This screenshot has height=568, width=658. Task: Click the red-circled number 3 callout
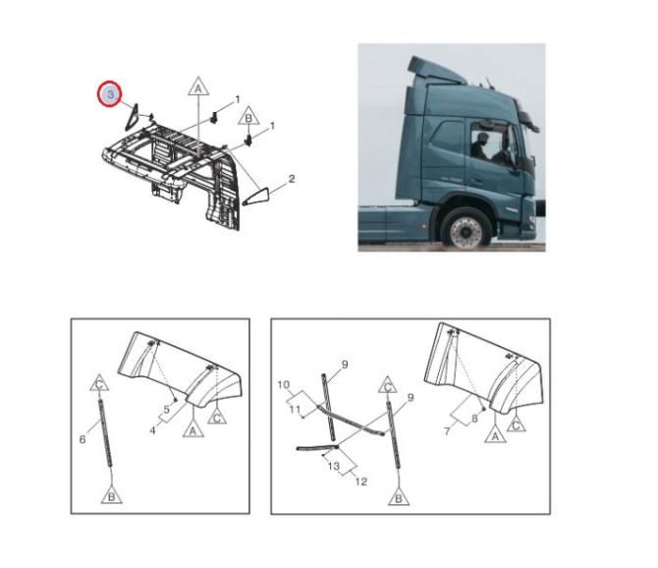pyautogui.click(x=110, y=94)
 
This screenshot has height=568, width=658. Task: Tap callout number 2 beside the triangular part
pyautogui.click(x=292, y=179)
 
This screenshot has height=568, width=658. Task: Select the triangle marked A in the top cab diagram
pyautogui.click(x=198, y=86)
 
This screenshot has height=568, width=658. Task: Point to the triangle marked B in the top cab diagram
pyautogui.click(x=248, y=116)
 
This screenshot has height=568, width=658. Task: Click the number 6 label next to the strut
pyautogui.click(x=82, y=439)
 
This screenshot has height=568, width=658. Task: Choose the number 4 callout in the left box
pyautogui.click(x=153, y=430)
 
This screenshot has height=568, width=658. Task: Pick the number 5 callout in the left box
pyautogui.click(x=166, y=409)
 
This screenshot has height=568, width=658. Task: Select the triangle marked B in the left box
pyautogui.click(x=112, y=495)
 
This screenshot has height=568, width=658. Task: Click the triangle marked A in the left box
pyautogui.click(x=193, y=429)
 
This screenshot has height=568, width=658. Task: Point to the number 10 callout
pyautogui.click(x=284, y=384)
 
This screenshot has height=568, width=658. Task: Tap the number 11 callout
pyautogui.click(x=295, y=409)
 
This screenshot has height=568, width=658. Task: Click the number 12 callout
pyautogui.click(x=360, y=482)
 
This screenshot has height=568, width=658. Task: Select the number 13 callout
pyautogui.click(x=334, y=466)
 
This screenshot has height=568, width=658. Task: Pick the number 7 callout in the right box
pyautogui.click(x=447, y=431)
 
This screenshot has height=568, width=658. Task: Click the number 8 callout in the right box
pyautogui.click(x=474, y=418)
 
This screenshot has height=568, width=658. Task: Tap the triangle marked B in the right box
pyautogui.click(x=399, y=496)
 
